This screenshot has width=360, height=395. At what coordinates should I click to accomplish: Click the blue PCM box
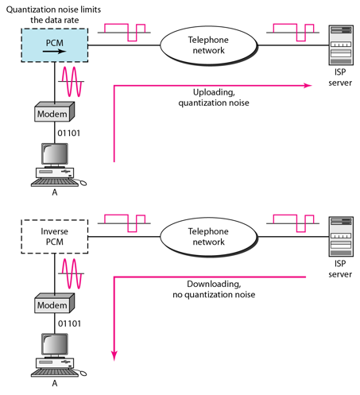point(55,45)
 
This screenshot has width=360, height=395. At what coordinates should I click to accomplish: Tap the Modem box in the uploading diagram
point(54,112)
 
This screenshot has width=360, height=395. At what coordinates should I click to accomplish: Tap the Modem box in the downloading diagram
point(54,303)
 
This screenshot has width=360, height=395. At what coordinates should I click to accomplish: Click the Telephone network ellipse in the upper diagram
point(209,45)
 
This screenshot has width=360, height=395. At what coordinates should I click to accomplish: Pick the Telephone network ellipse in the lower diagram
point(209,237)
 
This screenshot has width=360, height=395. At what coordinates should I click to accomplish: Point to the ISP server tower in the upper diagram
point(341,45)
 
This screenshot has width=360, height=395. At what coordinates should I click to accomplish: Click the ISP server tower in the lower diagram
point(341,237)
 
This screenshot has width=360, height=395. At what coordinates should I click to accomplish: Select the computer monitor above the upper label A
point(55,154)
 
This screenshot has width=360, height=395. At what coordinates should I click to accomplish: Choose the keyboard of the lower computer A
point(55,373)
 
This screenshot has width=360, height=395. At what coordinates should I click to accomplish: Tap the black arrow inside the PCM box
point(54,51)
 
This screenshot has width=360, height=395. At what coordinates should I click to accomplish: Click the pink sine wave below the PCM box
point(71,82)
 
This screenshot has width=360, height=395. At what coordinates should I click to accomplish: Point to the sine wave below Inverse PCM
point(71,273)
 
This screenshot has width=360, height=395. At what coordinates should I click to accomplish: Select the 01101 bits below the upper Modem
point(69,133)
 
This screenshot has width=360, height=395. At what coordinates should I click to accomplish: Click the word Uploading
point(214,92)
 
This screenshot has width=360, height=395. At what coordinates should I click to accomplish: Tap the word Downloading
point(214,284)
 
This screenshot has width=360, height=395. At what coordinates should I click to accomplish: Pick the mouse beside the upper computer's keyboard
point(83,183)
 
